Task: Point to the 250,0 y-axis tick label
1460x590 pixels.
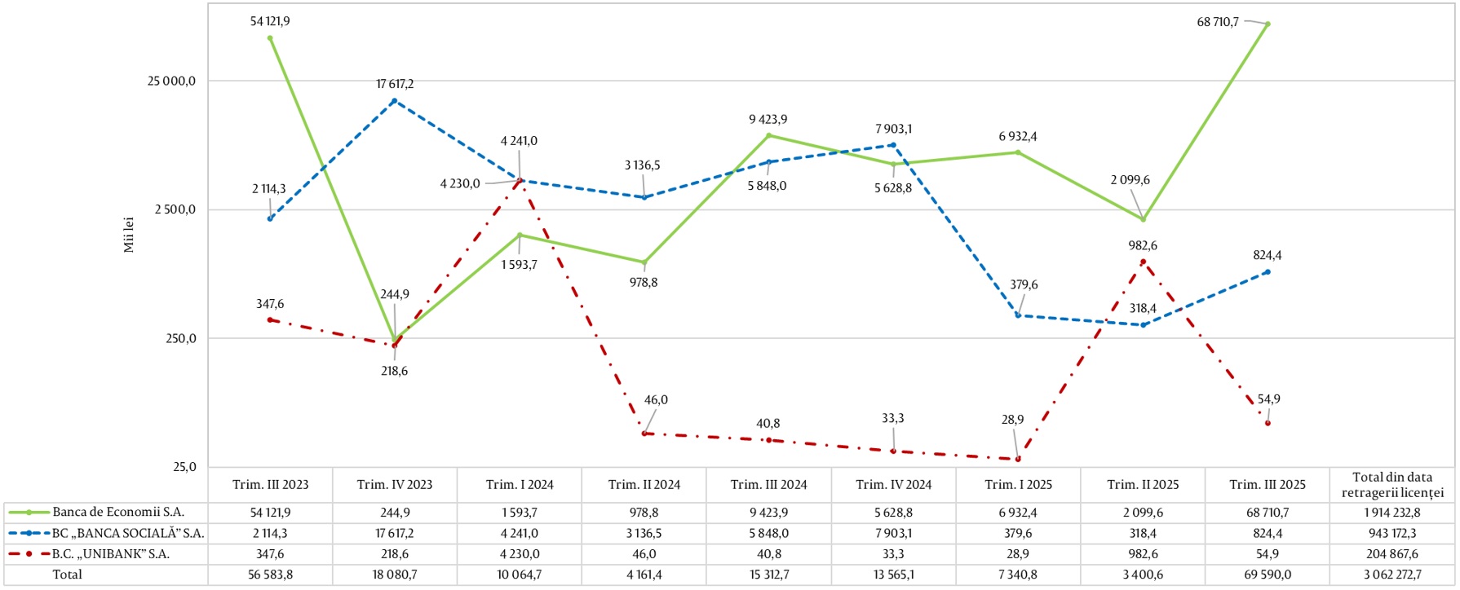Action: (x=181, y=339)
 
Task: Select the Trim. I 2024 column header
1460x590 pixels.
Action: (x=520, y=485)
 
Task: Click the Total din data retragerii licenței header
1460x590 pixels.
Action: (x=1391, y=485)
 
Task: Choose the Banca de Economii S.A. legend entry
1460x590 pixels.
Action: (x=118, y=513)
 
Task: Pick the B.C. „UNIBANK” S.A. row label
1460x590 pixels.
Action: (x=110, y=554)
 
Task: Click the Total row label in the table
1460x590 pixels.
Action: (x=68, y=575)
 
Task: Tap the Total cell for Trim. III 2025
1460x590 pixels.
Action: (x=1268, y=575)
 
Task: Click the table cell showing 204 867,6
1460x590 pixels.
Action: (x=1391, y=554)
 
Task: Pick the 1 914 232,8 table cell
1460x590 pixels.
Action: (x=1391, y=513)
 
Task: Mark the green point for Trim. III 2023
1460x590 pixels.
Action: (x=270, y=38)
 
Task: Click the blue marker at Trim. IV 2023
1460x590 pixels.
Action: (x=395, y=101)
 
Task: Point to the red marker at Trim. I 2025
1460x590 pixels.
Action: (x=1018, y=460)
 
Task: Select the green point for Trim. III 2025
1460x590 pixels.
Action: (x=1268, y=24)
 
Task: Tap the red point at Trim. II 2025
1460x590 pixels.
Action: (x=1143, y=262)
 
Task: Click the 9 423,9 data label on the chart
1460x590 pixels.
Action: (x=768, y=120)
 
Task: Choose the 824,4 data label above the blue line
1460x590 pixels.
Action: (x=1267, y=255)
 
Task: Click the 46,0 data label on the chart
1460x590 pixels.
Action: (x=656, y=400)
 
